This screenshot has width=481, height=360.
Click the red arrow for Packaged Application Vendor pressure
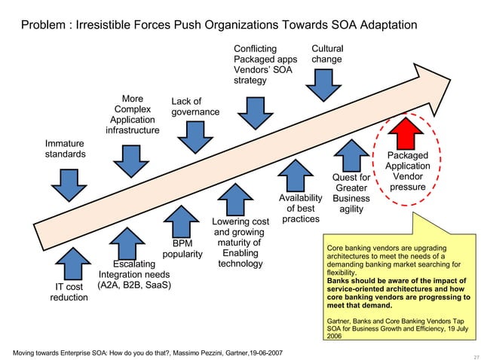[x=408, y=136]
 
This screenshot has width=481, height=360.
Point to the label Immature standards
[x=65, y=148]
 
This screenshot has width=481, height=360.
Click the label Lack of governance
[x=195, y=106]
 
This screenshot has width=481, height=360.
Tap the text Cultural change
[x=327, y=53]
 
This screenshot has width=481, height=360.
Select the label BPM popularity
[x=182, y=249]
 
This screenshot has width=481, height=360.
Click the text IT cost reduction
[x=69, y=292]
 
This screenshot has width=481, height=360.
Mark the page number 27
[x=473, y=354]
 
